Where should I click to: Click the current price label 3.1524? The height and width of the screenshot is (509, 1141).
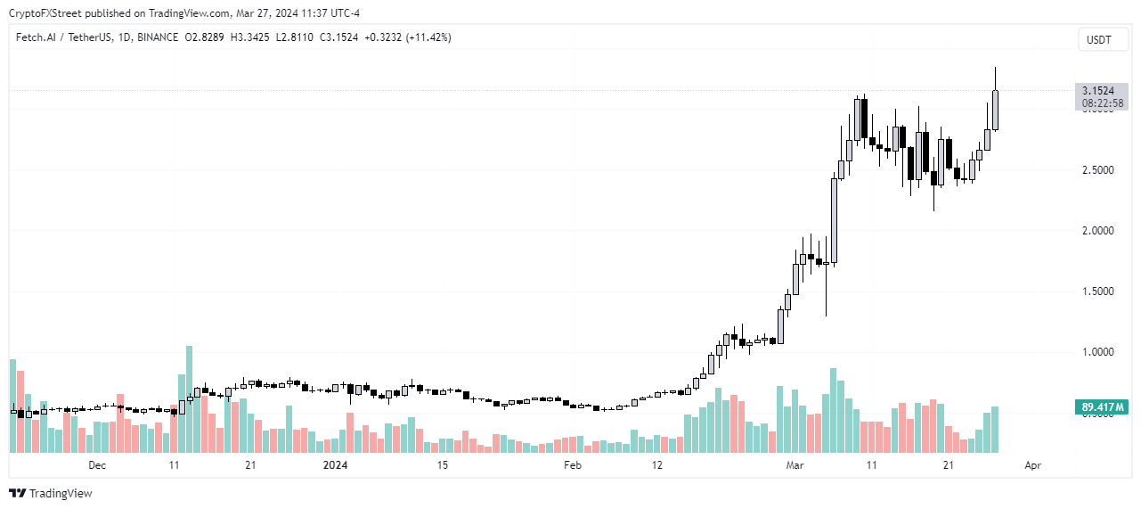click(1097, 91)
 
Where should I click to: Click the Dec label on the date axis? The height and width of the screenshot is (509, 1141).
click(97, 465)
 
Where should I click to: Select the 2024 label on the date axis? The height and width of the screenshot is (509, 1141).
click(335, 465)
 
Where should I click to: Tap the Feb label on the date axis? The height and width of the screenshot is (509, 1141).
click(573, 465)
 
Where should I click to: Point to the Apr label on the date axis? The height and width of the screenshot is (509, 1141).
click(1032, 465)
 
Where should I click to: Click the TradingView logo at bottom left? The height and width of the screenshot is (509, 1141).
click(51, 493)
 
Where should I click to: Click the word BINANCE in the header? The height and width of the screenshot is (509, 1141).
click(158, 37)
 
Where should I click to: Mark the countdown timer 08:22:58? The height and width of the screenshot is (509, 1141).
click(1097, 103)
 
